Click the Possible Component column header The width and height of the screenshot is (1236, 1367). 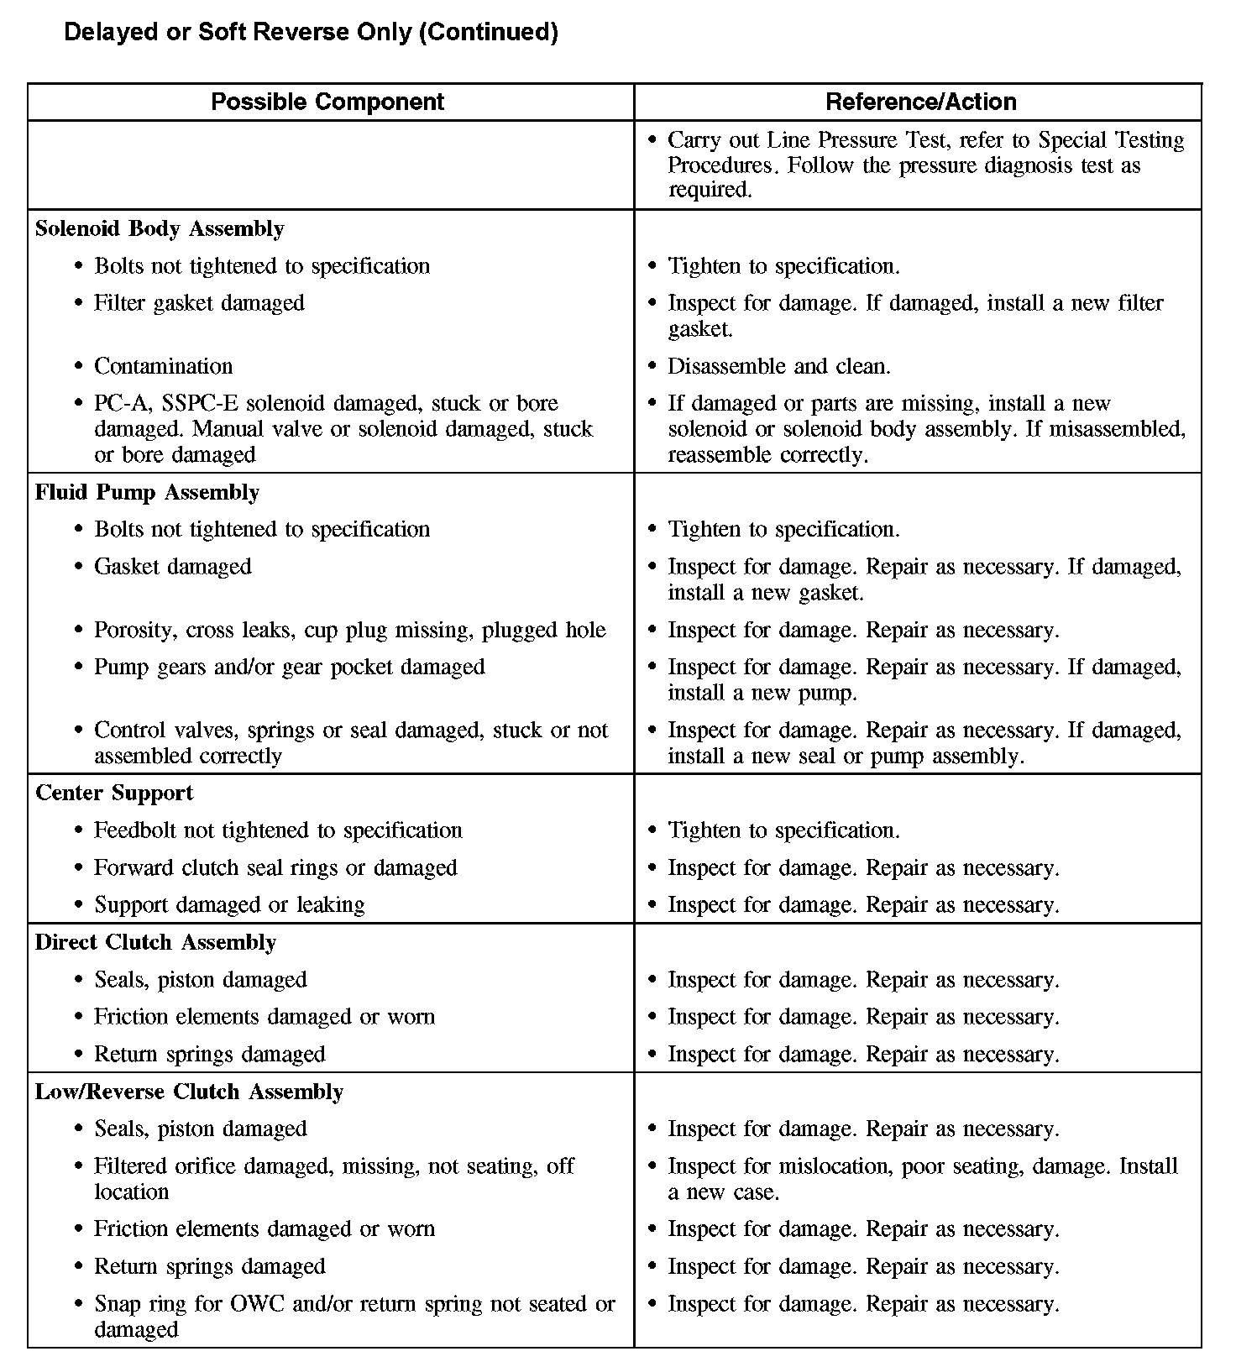point(327,102)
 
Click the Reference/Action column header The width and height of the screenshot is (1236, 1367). point(921,102)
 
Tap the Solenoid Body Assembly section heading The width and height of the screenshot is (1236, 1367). point(160,229)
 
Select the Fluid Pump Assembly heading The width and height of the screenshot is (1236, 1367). point(147,492)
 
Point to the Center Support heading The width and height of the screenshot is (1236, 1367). point(114,793)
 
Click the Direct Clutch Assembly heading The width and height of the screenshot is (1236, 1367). point(155,942)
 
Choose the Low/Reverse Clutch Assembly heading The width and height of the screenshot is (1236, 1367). point(189,1092)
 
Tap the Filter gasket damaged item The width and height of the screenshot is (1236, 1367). point(199,303)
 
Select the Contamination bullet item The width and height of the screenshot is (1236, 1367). point(163,366)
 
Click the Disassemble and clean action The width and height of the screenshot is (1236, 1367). point(778,366)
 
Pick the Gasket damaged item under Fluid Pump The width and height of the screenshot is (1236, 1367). point(172,567)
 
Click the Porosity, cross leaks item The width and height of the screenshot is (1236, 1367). point(349,631)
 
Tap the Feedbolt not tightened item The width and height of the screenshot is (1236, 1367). point(277,830)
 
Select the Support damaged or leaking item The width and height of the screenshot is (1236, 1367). point(229,905)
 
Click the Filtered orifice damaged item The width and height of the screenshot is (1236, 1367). point(333,1166)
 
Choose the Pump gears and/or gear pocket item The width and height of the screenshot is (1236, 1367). point(289,668)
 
